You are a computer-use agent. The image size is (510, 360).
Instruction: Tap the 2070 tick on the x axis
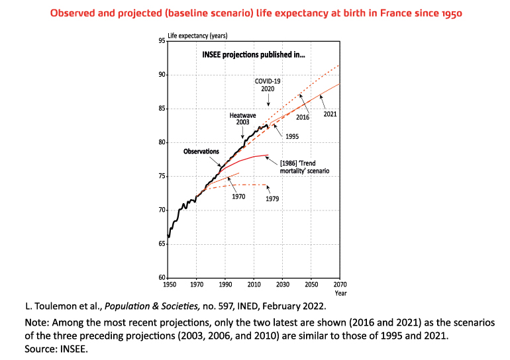pos(340,284)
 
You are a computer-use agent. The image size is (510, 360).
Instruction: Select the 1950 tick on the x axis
pos(169,284)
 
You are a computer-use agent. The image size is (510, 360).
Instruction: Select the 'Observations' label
pos(201,152)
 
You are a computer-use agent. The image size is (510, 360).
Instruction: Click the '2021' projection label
pos(331,114)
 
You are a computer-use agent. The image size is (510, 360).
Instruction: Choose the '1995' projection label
pos(291,136)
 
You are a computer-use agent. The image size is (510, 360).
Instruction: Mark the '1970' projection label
pos(239,197)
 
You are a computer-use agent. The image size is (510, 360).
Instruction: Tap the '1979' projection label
pos(272,199)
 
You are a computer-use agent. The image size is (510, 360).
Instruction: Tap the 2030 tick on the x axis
pos(283,284)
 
